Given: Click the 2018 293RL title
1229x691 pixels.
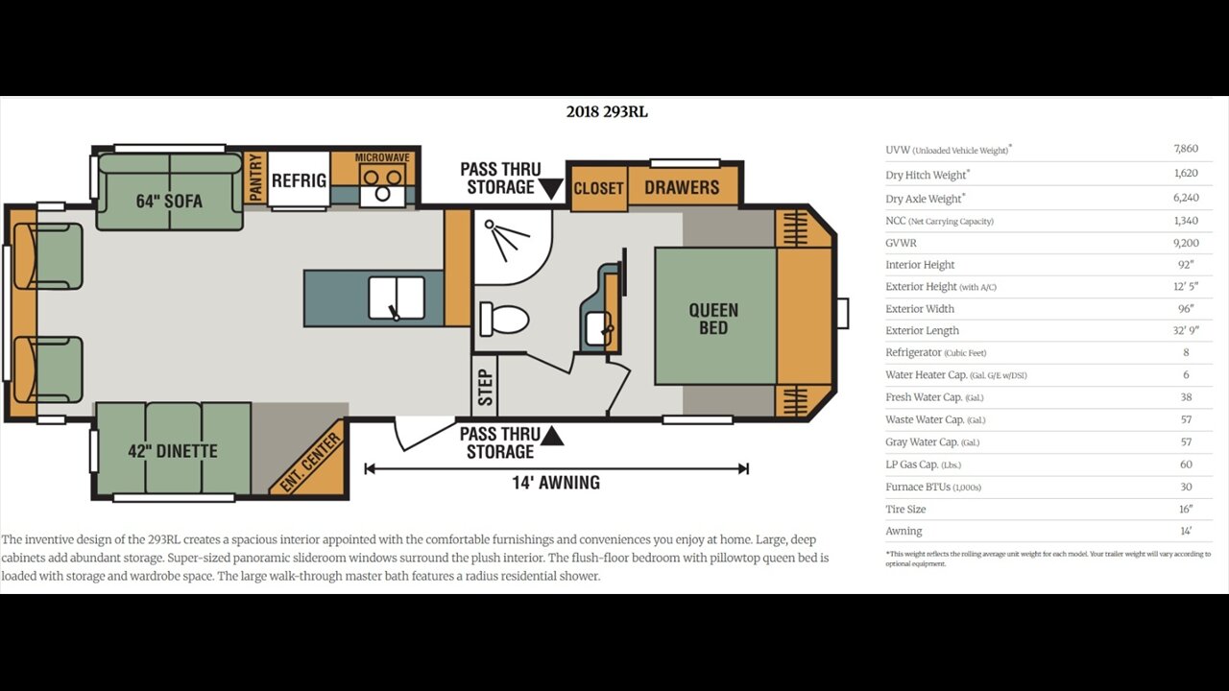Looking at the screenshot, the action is click(607, 112).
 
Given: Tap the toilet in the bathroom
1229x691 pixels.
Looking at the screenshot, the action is click(504, 320).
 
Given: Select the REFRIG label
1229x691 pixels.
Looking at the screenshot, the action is click(299, 180).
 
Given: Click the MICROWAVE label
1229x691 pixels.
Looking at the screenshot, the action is click(382, 158).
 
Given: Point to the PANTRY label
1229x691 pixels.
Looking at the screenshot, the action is click(255, 178).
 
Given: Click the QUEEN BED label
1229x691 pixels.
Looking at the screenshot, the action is click(713, 320).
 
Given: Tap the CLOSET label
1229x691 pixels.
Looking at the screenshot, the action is click(598, 188).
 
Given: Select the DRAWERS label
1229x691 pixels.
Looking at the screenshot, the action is click(682, 187).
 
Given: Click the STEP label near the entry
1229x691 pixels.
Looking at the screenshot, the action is click(486, 388).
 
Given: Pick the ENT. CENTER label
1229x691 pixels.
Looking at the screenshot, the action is click(310, 463).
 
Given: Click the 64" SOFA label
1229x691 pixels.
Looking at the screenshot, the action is click(169, 202).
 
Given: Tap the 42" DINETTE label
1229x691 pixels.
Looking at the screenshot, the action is click(173, 451).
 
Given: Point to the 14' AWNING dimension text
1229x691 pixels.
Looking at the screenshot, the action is click(556, 483).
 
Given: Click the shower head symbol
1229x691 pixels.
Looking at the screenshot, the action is click(506, 239).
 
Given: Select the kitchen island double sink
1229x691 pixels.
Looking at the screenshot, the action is click(397, 298).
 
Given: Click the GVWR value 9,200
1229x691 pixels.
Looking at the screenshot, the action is click(1186, 243).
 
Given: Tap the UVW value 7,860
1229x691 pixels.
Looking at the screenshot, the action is click(1186, 149).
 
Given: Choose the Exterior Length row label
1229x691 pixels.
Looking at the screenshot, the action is click(922, 331).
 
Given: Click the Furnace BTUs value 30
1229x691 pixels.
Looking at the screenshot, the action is click(1186, 487).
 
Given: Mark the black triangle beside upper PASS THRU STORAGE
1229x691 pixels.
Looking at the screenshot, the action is click(550, 188).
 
